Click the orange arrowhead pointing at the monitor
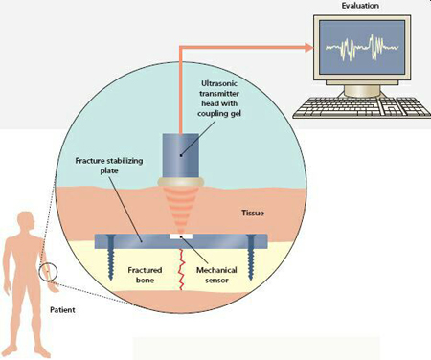pos(308,47)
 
